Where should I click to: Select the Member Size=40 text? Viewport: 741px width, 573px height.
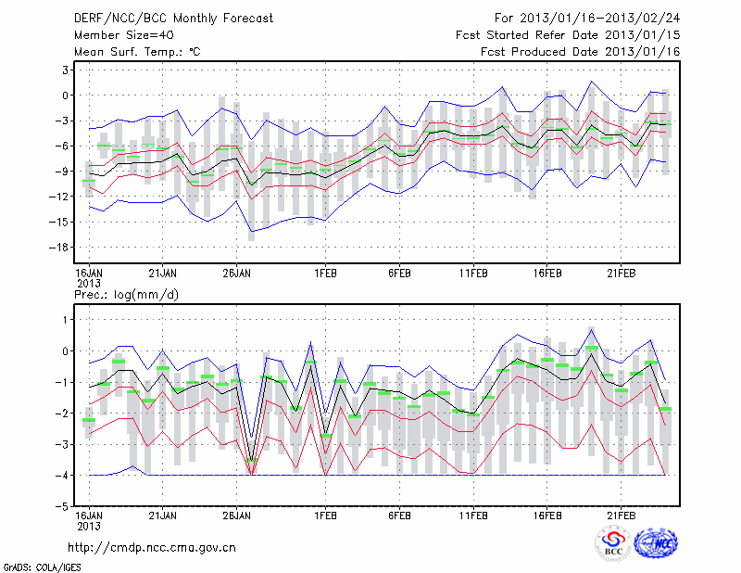[118, 35]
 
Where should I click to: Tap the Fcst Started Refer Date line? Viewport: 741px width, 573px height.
[568, 35]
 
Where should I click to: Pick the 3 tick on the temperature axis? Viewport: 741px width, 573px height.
[66, 70]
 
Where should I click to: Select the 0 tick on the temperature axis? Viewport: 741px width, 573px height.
[66, 95]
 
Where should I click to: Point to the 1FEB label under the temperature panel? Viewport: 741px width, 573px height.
[324, 274]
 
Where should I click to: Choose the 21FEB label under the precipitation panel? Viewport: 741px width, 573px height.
[621, 515]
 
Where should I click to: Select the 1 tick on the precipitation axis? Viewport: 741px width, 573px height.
[66, 319]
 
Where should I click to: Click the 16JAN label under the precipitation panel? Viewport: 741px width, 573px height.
[88, 515]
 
